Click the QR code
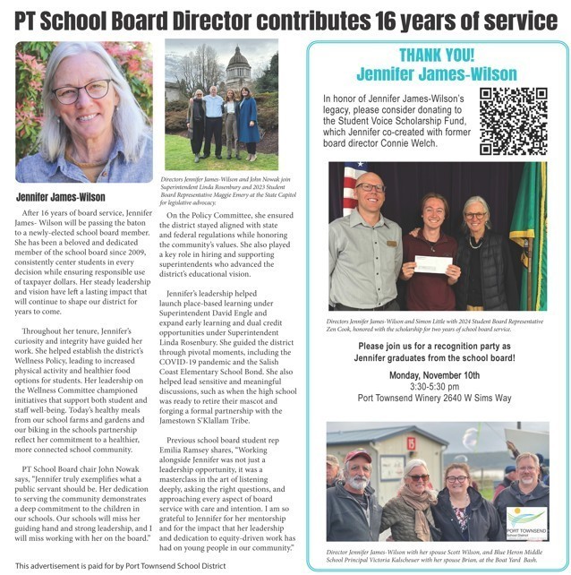[x=513, y=120]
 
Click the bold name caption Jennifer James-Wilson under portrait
[x=59, y=197]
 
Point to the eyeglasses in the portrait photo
[x=82, y=90]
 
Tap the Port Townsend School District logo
[x=526, y=521]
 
